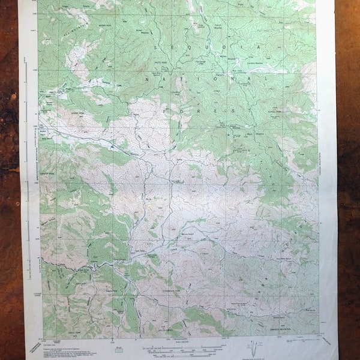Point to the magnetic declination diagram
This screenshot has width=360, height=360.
point(257,347)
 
